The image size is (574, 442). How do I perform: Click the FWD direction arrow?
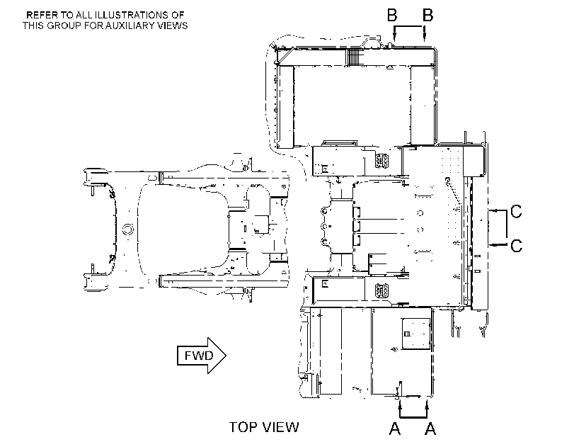tap(201, 356)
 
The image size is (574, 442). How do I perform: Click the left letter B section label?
tap(392, 16)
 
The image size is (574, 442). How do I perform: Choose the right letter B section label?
tap(428, 16)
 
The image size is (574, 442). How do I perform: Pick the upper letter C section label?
tap(516, 212)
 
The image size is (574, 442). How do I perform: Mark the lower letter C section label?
tap(516, 246)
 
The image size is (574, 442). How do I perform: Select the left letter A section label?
tap(395, 429)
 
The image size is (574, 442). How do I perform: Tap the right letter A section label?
tap(430, 429)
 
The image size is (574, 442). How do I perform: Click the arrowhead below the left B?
tap(394, 36)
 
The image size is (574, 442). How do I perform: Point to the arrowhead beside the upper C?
tap(493, 211)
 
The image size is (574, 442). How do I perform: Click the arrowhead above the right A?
tap(427, 404)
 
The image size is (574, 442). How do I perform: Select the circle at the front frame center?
tap(127, 229)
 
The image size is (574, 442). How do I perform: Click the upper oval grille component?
tap(381, 161)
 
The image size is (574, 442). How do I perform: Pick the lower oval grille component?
tap(381, 290)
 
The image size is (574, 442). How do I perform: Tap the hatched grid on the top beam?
tap(354, 57)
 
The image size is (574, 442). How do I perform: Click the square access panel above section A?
tap(416, 334)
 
